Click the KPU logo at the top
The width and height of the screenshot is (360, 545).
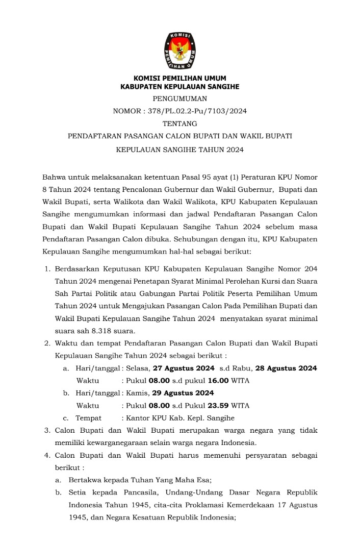tap(179, 51)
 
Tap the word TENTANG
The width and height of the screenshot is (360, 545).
tap(179, 123)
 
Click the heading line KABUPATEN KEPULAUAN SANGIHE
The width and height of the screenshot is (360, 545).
tap(179, 87)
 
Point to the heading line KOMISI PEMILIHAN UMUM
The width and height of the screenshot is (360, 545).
tap(179, 78)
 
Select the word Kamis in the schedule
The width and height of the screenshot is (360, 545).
tap(136, 392)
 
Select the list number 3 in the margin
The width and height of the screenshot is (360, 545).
tap(47, 430)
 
